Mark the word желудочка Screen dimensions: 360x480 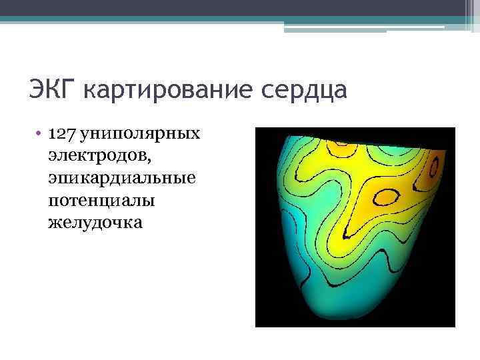[95, 222]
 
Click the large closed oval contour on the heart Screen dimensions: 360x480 [386, 197]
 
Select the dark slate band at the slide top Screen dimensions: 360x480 [240, 7]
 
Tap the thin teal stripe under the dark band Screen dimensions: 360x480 [240, 19]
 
